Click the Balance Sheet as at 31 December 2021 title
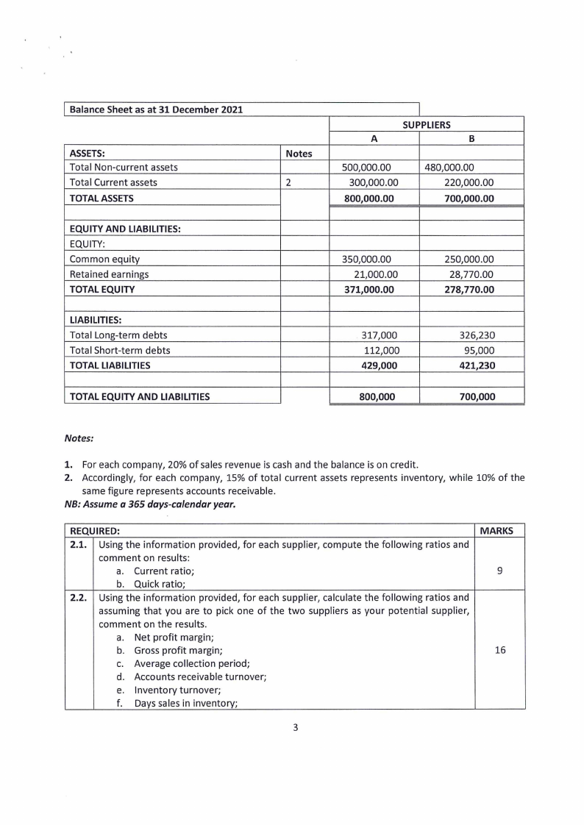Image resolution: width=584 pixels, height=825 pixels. point(156,110)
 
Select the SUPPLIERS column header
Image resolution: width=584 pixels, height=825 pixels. point(427,125)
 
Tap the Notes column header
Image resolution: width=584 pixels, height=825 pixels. point(299,154)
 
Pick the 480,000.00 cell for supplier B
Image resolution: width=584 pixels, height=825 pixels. point(450,168)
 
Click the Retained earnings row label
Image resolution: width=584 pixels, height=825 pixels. point(109,274)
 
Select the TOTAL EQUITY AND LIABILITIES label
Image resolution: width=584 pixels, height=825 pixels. point(140,397)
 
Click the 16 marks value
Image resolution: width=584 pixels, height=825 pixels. point(500,651)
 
